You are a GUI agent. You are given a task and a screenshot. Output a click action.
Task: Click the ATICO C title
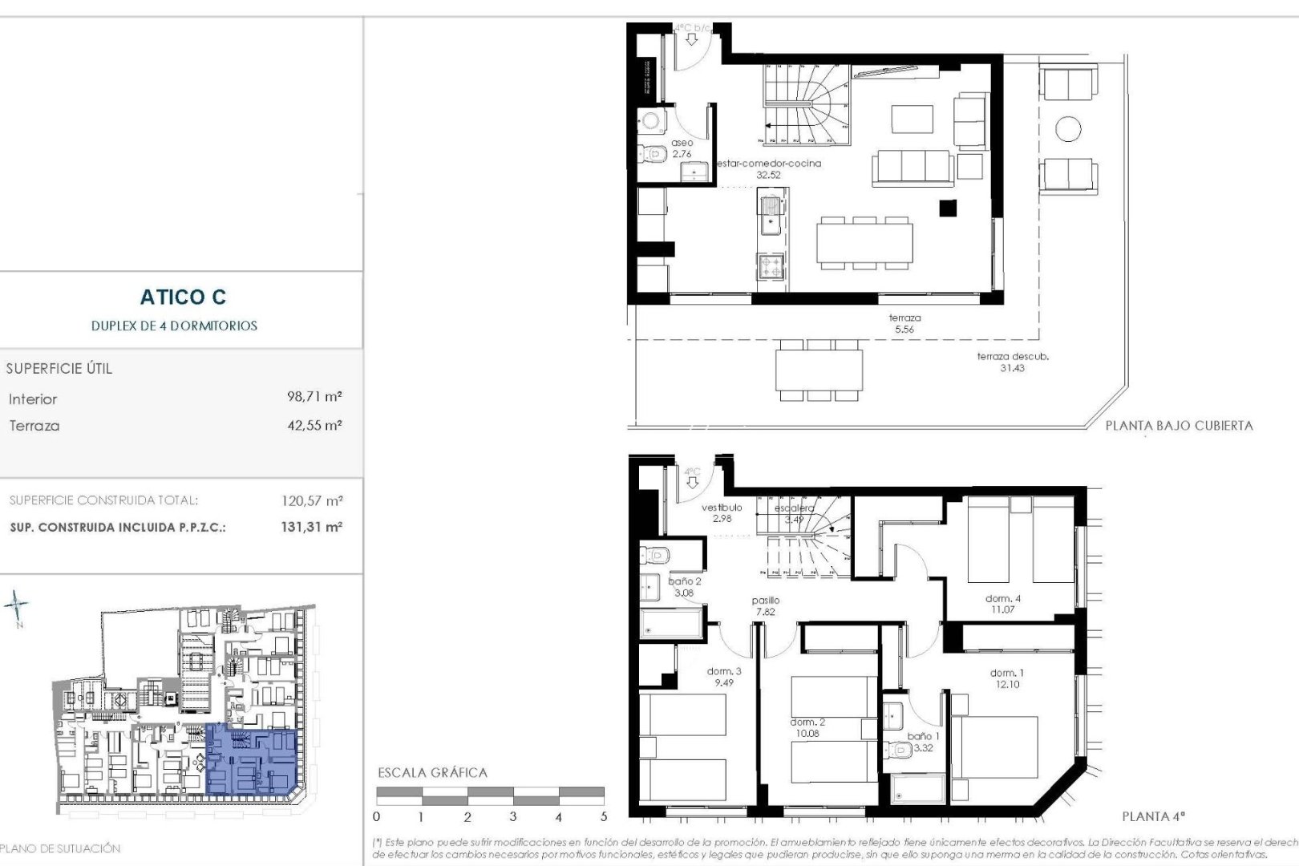183,297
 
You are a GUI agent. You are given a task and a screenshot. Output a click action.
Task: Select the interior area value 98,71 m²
314,397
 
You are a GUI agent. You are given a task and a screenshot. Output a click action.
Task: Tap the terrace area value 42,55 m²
314,425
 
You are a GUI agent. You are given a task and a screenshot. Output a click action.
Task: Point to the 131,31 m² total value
312,528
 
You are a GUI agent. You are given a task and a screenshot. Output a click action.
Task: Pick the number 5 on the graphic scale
604,817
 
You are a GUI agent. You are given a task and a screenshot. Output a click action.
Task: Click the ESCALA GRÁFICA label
432,773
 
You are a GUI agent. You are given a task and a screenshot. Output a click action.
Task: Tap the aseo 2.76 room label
682,148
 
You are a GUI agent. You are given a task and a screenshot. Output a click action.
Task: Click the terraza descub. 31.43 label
1012,362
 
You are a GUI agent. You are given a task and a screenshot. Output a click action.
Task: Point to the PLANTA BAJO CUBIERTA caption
1179,426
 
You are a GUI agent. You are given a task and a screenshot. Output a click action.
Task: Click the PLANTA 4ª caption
1153,816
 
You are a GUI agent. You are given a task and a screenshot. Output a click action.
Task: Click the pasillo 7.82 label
766,605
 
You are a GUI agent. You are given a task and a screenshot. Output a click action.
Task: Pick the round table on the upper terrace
1068,128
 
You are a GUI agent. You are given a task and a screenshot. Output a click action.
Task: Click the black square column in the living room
948,208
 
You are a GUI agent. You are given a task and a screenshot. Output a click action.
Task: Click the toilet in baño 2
654,554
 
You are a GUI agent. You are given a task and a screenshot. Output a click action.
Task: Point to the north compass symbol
18,607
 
